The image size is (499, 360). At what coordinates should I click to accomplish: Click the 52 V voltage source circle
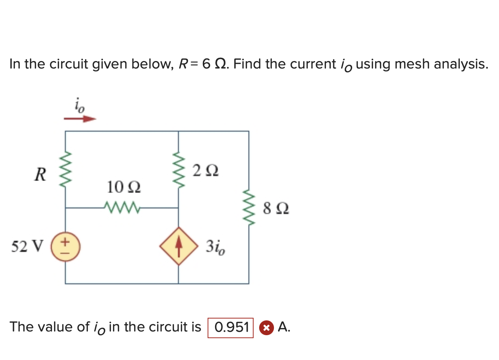[66, 247]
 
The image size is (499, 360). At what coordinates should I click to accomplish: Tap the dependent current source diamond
[179, 246]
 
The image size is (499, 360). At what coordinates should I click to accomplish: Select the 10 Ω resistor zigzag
[122, 208]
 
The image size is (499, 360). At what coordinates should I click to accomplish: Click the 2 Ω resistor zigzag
[179, 171]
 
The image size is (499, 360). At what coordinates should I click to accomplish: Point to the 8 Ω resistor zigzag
[249, 208]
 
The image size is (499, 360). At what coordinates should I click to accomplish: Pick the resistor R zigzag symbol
[66, 170]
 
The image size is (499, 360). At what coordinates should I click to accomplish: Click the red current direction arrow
[80, 119]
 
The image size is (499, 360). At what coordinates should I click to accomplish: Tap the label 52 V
[27, 246]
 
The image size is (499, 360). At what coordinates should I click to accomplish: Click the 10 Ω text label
[124, 187]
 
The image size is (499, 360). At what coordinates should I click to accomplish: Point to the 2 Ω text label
[205, 171]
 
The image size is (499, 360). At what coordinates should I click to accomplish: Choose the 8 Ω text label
[276, 209]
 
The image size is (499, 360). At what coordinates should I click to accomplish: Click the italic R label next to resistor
[40, 174]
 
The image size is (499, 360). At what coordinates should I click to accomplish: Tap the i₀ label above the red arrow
[79, 105]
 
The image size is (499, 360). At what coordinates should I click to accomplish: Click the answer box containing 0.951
[231, 328]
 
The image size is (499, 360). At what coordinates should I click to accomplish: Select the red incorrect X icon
[266, 328]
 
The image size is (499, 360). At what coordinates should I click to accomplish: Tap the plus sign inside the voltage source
[65, 242]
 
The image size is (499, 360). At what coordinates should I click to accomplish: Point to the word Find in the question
[247, 64]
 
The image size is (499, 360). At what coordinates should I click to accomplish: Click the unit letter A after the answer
[284, 327]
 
